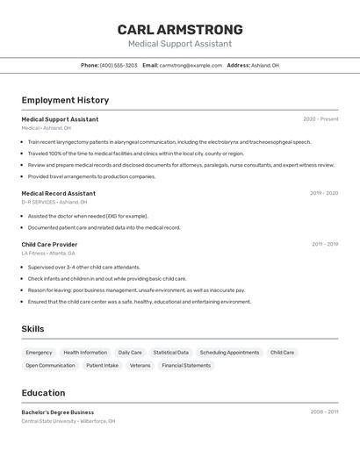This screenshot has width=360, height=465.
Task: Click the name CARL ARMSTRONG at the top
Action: click(180, 30)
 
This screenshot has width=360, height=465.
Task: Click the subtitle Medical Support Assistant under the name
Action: click(180, 44)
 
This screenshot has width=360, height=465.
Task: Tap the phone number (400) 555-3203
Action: click(119, 65)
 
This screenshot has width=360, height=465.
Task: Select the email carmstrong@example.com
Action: click(191, 65)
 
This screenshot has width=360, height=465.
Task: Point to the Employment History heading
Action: click(65, 101)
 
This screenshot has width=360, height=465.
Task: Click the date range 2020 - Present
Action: click(320, 119)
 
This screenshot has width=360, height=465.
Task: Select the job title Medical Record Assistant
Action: click(58, 193)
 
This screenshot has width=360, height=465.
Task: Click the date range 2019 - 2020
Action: click(323, 193)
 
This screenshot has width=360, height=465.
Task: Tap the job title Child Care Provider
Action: click(49, 245)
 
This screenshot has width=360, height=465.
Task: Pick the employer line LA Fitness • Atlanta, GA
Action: click(48, 254)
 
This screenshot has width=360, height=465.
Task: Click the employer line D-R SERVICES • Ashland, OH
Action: click(58, 202)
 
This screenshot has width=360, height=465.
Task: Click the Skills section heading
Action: click(32, 329)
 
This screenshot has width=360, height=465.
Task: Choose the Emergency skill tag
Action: click(39, 353)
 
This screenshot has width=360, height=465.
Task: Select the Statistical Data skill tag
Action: click(170, 353)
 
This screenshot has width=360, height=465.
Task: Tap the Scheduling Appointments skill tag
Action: click(229, 353)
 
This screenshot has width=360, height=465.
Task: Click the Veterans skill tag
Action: click(140, 366)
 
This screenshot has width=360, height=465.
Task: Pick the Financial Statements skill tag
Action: click(186, 366)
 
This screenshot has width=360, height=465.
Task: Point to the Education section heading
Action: click(43, 393)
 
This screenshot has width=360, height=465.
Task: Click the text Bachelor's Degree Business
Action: click(57, 412)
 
